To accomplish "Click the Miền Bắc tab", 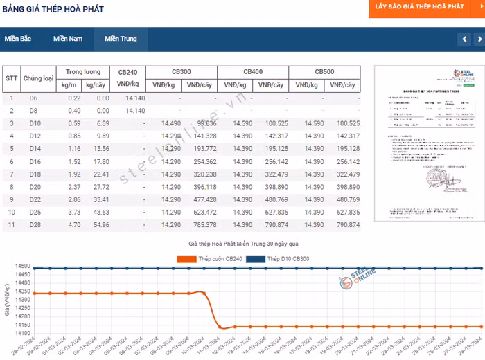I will [18, 39].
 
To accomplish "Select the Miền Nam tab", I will [68, 39].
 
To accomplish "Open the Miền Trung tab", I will [121, 39].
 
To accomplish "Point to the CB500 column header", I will [324, 72].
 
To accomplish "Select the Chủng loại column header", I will [38, 78].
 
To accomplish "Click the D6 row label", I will [33, 98].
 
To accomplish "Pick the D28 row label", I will [35, 225].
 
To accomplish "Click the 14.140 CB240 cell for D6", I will [135, 98].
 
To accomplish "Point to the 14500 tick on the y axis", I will [21, 267].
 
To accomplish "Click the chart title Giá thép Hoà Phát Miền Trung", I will [242, 244].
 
